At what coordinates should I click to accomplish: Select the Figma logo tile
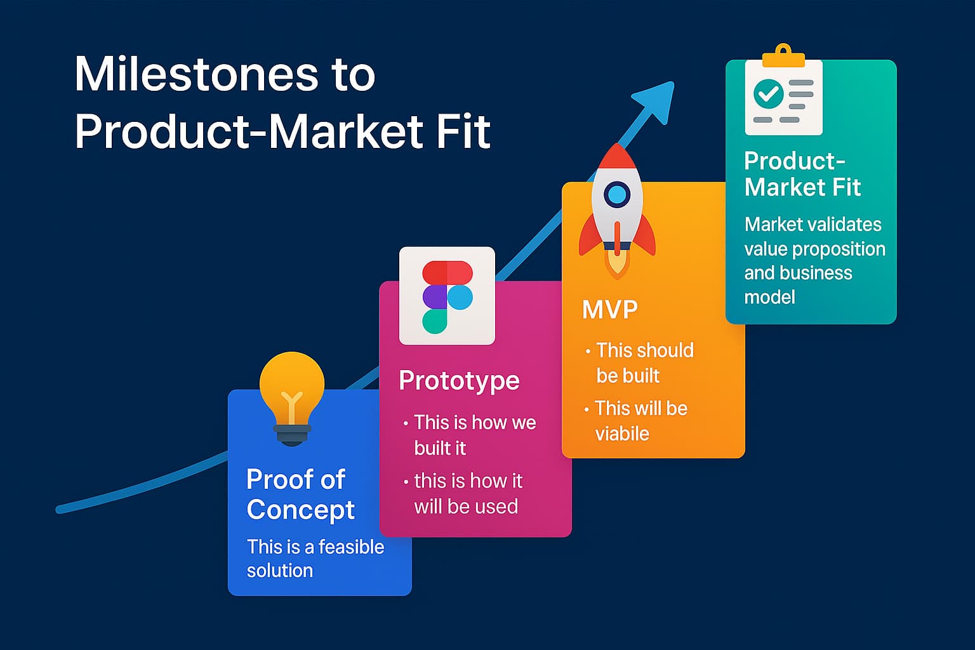447,296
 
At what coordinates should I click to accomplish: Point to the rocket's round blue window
617,194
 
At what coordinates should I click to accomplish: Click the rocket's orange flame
616,262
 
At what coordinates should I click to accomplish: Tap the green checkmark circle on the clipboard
768,95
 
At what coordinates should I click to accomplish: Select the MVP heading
609,310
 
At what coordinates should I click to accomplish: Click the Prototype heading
459,381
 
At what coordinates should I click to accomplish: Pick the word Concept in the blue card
300,510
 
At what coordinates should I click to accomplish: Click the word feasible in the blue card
351,547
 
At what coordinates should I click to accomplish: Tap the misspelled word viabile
622,434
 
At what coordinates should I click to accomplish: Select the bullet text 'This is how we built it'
473,435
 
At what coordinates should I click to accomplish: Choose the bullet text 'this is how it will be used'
467,494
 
